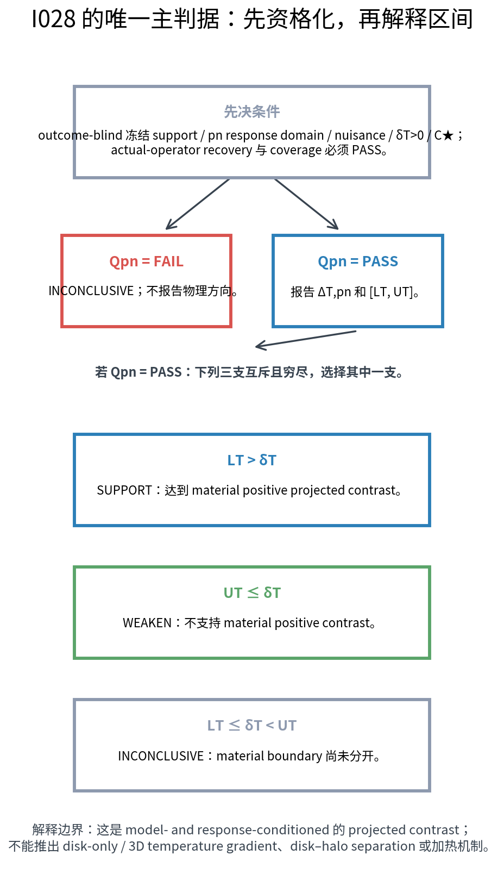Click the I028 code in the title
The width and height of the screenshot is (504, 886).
tap(53, 19)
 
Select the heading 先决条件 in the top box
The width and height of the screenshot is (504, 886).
tap(252, 111)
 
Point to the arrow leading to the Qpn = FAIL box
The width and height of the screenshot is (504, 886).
tap(198, 204)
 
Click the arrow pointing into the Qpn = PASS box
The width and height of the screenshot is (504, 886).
tap(307, 204)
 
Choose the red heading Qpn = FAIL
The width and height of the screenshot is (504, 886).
tap(146, 262)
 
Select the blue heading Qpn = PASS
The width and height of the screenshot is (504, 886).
tap(358, 262)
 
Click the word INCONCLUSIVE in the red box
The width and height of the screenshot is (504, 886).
tap(91, 291)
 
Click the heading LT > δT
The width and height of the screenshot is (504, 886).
tap(252, 460)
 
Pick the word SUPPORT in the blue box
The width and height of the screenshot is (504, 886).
tap(124, 490)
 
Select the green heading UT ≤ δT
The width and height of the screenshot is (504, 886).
tap(252, 593)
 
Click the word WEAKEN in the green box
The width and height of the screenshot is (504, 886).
tap(147, 623)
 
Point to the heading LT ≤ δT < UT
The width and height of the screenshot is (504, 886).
tap(252, 726)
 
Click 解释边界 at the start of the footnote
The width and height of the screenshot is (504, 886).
tap(58, 829)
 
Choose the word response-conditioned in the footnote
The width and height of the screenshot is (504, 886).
tap(263, 829)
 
